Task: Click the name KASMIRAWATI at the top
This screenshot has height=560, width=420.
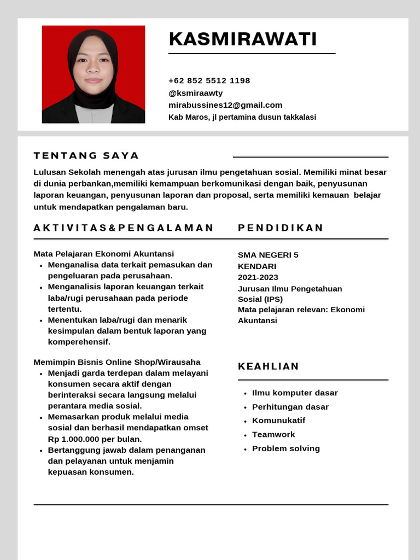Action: pos(243,39)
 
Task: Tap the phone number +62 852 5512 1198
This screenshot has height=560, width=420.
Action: pos(209,81)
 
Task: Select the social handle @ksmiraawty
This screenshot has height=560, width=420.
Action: pos(195,93)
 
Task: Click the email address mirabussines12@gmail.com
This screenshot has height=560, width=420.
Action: pos(225,105)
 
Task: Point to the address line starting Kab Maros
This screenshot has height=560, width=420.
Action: pos(242,117)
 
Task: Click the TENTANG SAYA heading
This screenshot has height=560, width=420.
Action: pos(86,156)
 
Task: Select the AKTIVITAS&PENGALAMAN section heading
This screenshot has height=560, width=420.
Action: pos(124,228)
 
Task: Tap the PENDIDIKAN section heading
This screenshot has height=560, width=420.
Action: pos(281,228)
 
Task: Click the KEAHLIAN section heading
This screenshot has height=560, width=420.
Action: pos(269,366)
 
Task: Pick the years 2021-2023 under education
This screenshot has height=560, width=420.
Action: pos(258,277)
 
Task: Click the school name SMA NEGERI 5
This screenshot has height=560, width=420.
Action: pos(268,255)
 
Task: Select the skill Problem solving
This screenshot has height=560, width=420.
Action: pos(286,448)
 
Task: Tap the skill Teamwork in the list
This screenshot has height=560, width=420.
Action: pos(273,434)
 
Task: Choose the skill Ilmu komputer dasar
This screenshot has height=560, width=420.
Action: pos(295,393)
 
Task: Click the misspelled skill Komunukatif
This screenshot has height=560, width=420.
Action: pos(278,421)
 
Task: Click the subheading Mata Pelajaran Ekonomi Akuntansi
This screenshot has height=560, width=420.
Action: pos(104,254)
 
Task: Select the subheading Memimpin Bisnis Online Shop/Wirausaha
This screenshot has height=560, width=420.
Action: pos(117,362)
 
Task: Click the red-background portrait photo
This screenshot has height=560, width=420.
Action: pos(94,74)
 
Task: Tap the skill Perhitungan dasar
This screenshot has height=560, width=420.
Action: pos(290,407)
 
